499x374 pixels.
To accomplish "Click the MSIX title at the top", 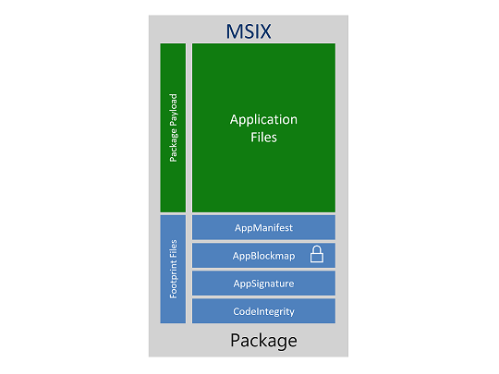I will click(249, 31).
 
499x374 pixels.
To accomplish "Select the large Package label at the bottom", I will click(263, 340).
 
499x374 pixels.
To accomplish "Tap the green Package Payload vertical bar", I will click(173, 127).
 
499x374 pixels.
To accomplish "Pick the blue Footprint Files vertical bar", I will click(173, 269).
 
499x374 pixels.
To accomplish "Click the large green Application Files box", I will click(263, 127).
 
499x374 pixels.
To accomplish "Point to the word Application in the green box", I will click(263, 120).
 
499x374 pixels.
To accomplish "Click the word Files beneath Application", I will click(263, 138).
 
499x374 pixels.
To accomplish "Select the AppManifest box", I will click(263, 227).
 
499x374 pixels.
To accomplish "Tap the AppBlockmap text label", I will click(263, 255).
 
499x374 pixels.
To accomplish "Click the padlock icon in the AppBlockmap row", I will click(316, 254).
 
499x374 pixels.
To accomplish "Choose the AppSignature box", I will click(263, 283).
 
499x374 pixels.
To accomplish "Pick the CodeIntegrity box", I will click(263, 310).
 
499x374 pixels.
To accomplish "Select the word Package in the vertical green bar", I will click(173, 145).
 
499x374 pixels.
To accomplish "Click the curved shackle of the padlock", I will click(316, 248).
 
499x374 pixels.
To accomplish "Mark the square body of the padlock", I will click(316, 258).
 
